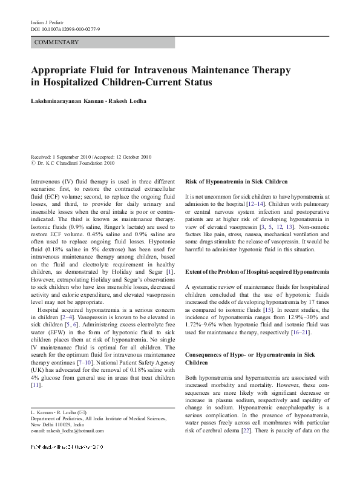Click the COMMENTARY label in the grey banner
(57, 43)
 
